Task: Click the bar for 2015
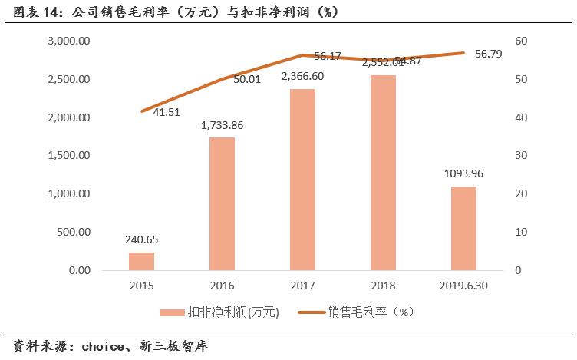click(x=141, y=261)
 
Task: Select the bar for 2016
click(x=223, y=204)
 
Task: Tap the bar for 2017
click(x=303, y=180)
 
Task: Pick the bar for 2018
click(x=383, y=173)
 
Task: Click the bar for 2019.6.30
click(x=463, y=228)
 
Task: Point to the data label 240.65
click(x=141, y=240)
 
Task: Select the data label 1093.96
click(x=464, y=174)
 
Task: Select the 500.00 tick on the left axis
click(x=75, y=232)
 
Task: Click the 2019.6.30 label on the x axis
click(x=463, y=286)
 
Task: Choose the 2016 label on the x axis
click(x=223, y=286)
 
